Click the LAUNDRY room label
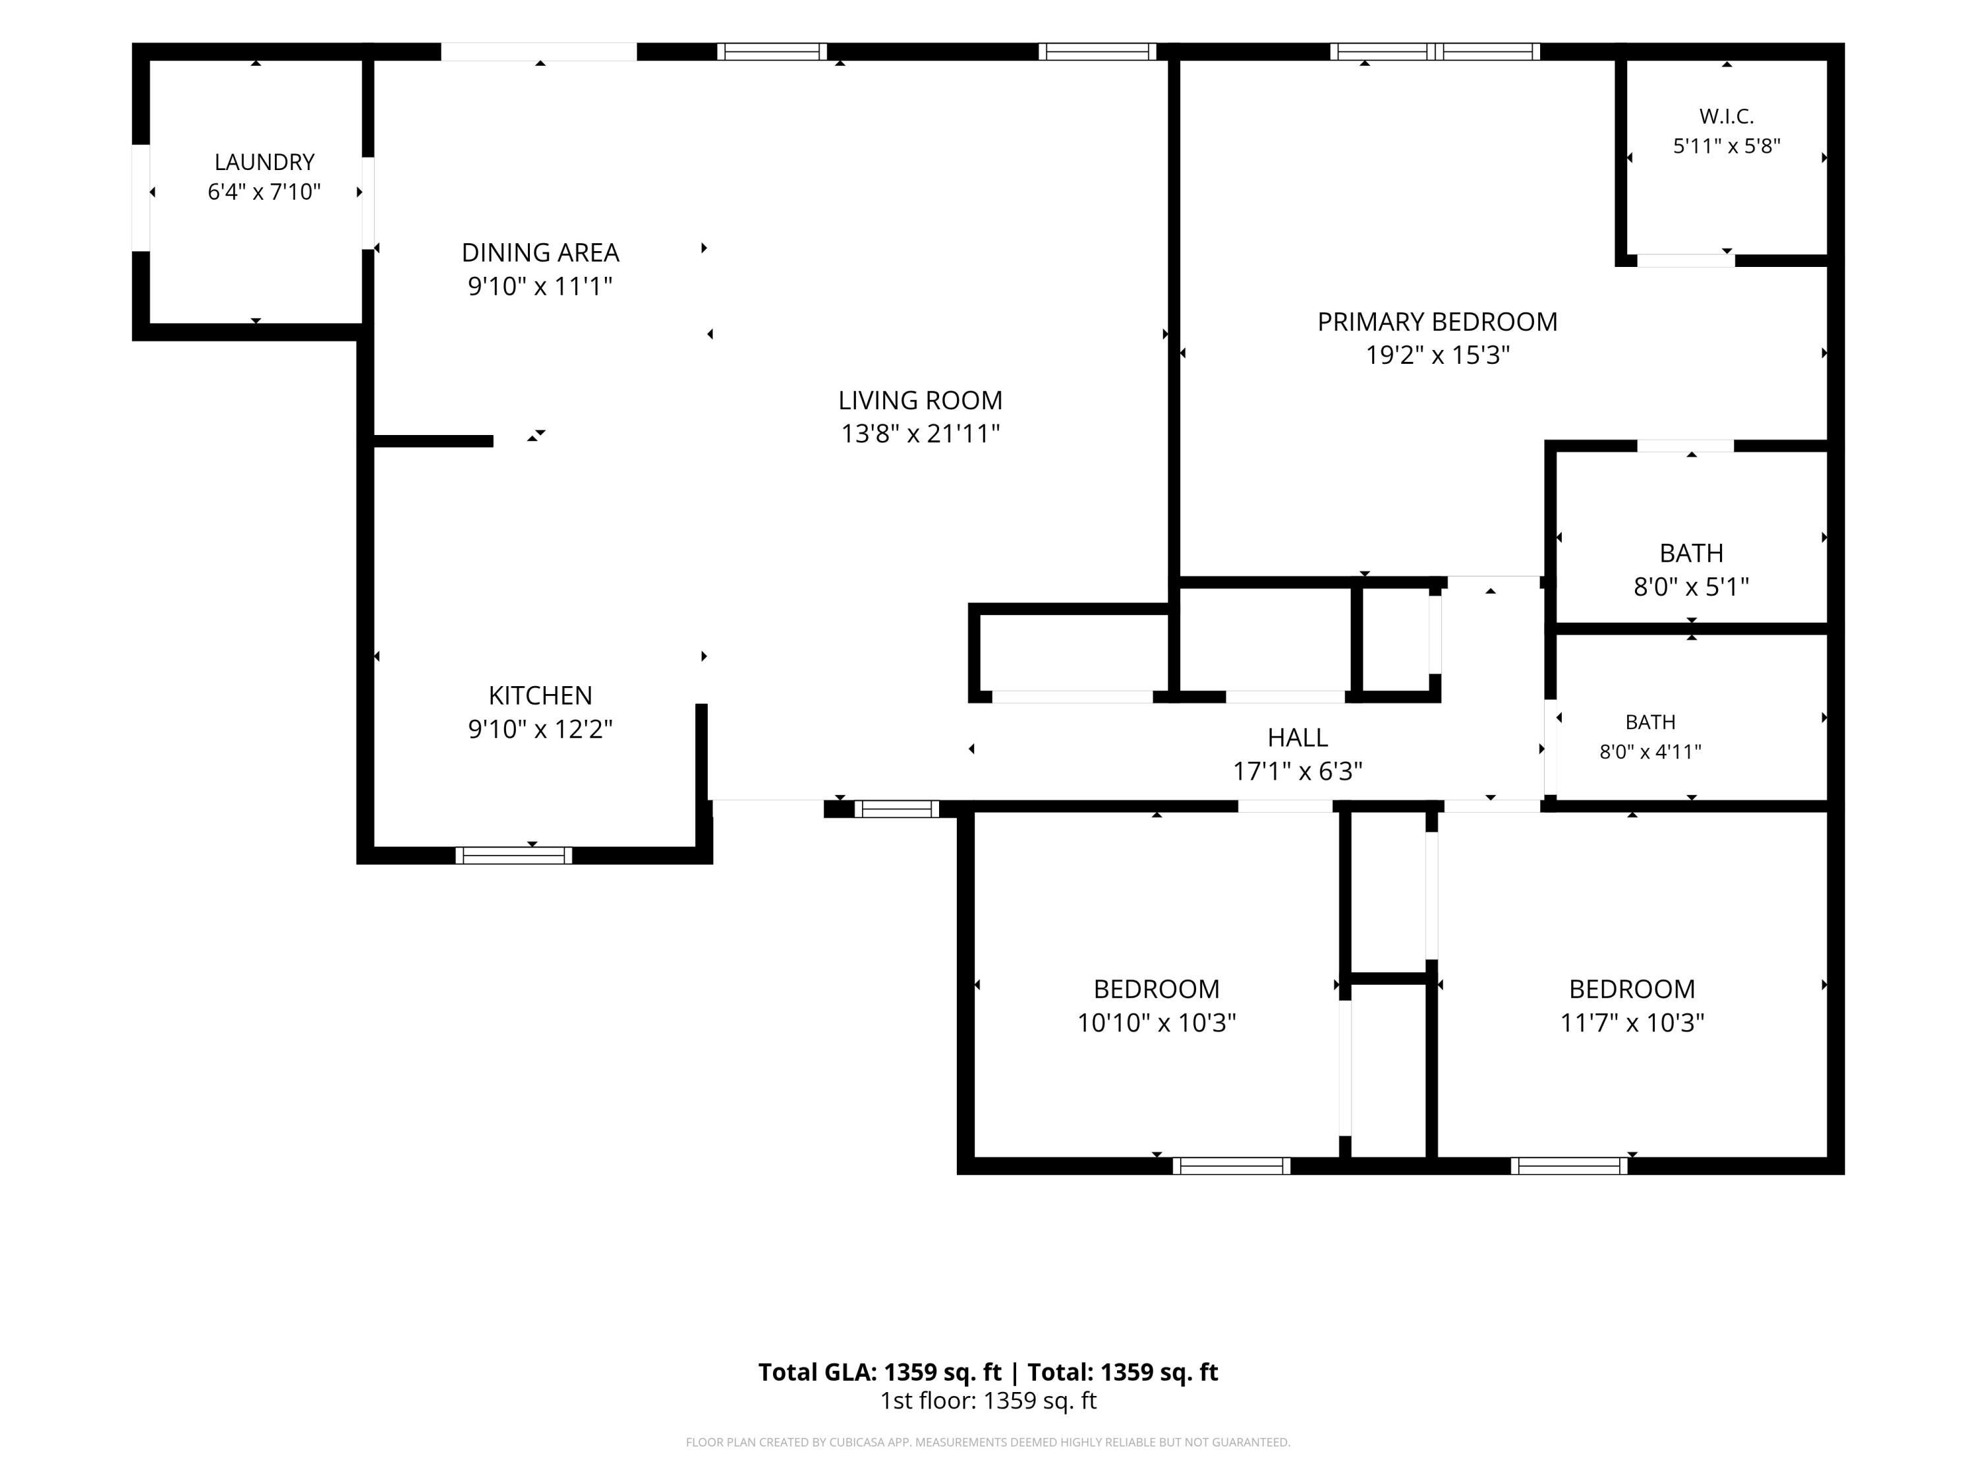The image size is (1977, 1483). pos(264,161)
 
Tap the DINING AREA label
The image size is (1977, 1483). pos(540,253)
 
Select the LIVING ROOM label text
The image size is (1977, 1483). pos(920,401)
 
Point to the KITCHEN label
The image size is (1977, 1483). pos(540,695)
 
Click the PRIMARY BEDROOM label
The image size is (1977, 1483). pos(1437,322)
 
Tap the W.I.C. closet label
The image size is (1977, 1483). pos(1726,116)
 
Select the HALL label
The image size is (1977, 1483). pos(1297,738)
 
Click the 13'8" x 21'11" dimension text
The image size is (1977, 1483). pos(920,434)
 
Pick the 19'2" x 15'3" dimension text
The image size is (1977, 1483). pos(1437,355)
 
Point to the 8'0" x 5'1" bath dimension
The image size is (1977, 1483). pos(1691,587)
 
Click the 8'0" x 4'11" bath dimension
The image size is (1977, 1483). pos(1650,752)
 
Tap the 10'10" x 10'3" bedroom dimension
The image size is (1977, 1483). pos(1156,1023)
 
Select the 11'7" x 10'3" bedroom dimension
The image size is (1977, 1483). pos(1632,1023)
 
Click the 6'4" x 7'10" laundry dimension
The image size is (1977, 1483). pos(264,192)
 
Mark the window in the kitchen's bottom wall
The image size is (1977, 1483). pos(514,856)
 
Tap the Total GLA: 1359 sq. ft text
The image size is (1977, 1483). pos(880,1372)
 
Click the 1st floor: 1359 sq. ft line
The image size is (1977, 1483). pos(988,1401)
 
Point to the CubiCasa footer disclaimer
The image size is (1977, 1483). pos(988,1442)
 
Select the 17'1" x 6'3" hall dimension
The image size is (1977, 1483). pos(1297,771)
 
